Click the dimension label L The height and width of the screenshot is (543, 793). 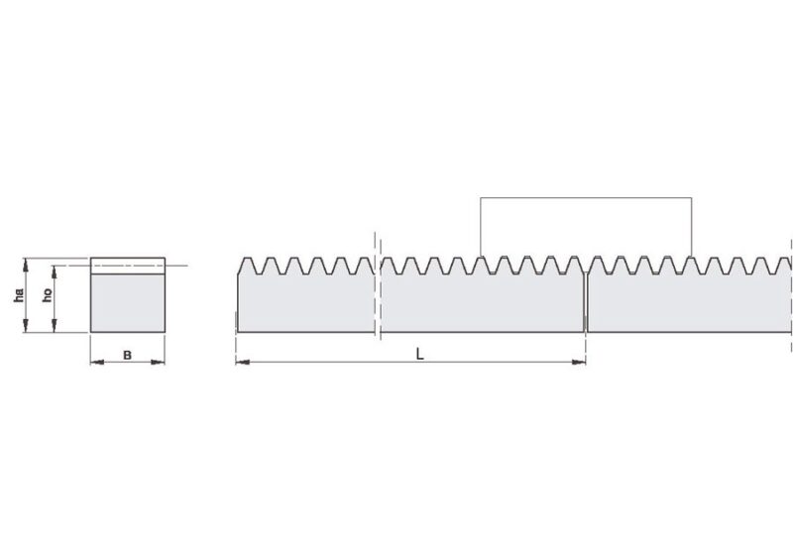coord(419,354)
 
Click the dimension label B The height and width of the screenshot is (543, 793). coord(128,356)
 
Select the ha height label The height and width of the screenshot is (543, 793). coord(18,295)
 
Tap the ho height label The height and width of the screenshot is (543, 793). coord(47,294)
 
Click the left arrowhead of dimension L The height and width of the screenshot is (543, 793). coord(243,362)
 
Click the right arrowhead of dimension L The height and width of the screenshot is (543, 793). coord(579,362)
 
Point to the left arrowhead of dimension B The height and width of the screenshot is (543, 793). coord(97,362)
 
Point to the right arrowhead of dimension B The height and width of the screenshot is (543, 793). coord(159,362)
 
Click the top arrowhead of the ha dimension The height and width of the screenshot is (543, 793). coord(26,265)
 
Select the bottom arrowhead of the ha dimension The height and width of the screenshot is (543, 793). coord(26,325)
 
